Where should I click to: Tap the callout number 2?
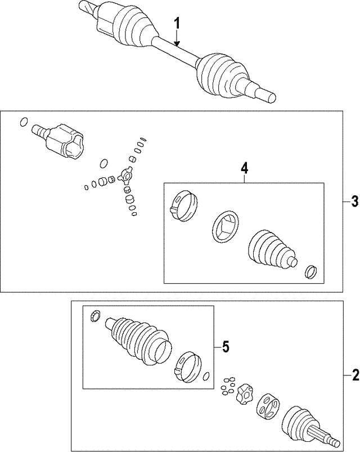[354, 374]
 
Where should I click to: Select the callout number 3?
[354, 201]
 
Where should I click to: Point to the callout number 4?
[244, 167]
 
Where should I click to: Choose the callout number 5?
[226, 347]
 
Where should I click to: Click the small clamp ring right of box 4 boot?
[309, 272]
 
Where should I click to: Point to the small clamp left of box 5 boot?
[95, 317]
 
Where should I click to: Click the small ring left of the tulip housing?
[23, 122]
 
